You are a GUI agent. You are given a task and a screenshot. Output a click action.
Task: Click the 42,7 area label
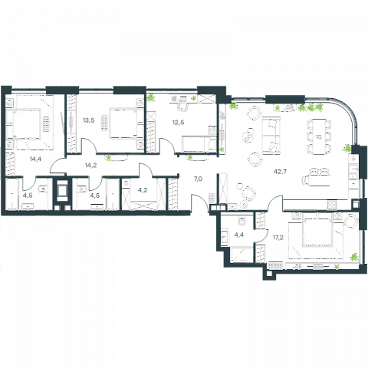(x=280, y=172)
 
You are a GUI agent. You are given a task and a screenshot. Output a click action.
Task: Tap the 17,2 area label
(x=278, y=238)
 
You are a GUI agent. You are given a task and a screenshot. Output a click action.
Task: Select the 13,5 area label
(x=88, y=120)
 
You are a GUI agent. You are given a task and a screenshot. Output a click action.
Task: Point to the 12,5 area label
(x=178, y=123)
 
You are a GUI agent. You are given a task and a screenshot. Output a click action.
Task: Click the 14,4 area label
(x=35, y=159)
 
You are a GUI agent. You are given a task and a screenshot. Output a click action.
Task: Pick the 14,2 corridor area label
(x=90, y=166)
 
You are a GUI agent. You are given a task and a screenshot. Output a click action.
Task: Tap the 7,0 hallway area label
(x=198, y=179)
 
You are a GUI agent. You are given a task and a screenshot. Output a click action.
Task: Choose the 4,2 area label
(x=143, y=190)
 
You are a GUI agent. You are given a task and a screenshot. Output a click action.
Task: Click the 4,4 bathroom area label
(x=238, y=235)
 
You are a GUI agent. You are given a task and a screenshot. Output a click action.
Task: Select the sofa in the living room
(x=271, y=136)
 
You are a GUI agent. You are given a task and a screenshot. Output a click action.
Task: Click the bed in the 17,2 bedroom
(x=316, y=236)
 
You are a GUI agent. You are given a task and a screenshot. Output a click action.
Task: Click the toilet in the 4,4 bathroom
(x=242, y=221)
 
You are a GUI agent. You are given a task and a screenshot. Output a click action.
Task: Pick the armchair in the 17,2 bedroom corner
(x=350, y=221)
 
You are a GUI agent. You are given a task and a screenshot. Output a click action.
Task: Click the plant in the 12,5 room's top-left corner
(x=152, y=97)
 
